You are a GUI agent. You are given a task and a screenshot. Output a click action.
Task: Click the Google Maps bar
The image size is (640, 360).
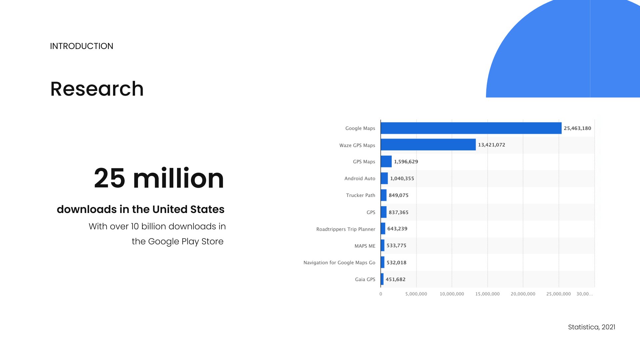(471, 128)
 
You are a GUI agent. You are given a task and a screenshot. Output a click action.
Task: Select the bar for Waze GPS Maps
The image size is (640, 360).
(428, 145)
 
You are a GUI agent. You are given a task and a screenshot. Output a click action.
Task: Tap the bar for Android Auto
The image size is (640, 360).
(384, 178)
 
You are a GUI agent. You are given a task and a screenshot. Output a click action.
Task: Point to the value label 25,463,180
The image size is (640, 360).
(577, 128)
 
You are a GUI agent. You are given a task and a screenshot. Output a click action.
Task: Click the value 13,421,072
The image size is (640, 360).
(491, 145)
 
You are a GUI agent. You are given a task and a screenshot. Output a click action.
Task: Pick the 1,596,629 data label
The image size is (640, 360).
(406, 162)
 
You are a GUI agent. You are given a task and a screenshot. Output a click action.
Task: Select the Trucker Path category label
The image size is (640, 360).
(360, 195)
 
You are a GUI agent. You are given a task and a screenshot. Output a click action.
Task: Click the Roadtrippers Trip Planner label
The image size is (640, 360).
(345, 229)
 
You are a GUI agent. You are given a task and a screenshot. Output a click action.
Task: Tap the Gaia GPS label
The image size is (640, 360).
(365, 279)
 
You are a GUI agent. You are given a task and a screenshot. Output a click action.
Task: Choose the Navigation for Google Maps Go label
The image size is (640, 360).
(339, 263)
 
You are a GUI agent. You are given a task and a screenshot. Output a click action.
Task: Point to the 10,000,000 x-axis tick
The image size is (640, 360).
(452, 294)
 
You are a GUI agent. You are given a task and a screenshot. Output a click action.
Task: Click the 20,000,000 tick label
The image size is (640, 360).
(523, 294)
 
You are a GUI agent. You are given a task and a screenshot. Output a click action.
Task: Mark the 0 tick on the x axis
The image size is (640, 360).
(381, 294)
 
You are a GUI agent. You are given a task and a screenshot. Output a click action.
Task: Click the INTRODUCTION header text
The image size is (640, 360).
(82, 46)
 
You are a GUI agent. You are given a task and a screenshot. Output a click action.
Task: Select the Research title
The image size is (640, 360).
(97, 89)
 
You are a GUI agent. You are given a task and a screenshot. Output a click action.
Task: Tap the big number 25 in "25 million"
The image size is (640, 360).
(109, 178)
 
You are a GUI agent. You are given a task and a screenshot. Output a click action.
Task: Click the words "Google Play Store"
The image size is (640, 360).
(186, 241)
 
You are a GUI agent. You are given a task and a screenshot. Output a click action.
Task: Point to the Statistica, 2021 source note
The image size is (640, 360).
(591, 327)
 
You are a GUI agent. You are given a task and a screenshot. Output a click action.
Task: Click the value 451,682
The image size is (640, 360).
(395, 279)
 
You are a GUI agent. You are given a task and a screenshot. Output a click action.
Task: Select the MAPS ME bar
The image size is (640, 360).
(382, 246)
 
